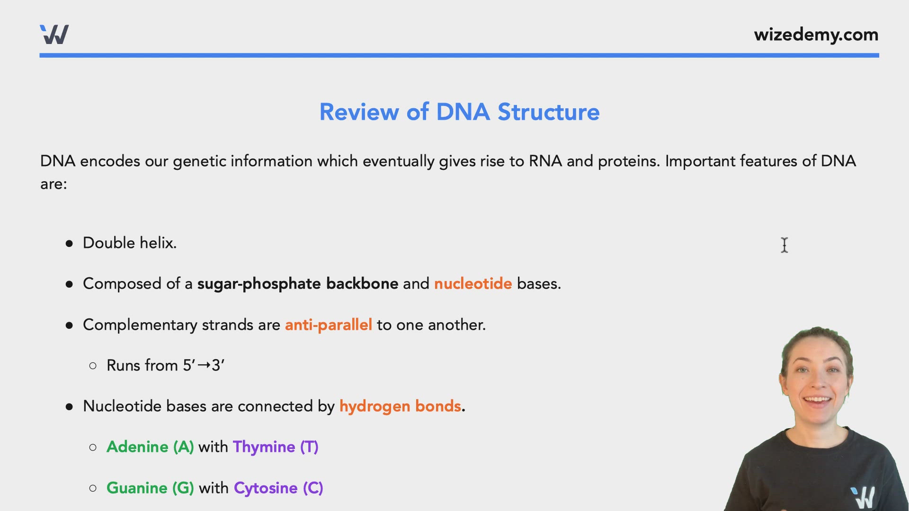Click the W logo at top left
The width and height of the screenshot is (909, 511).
pos(54,35)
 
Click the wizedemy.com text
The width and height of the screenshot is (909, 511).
pos(816,35)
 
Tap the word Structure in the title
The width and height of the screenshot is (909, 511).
pos(548,112)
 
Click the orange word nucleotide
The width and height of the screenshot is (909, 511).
pos(472,283)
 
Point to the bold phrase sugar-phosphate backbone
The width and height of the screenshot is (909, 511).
pos(297,283)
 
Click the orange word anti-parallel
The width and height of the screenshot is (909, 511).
pos(328,325)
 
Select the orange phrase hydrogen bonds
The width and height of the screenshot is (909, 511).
pos(400,406)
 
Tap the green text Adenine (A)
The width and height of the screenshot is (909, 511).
pos(150,447)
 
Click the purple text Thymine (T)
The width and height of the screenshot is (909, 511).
pos(275,447)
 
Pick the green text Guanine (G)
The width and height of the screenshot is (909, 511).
pos(150,488)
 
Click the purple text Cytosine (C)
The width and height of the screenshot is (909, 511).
pos(278,488)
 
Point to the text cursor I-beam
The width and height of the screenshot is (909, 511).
pos(784,245)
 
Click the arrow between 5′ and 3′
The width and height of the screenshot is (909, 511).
pos(204,365)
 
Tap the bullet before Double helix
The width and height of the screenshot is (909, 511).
pos(70,243)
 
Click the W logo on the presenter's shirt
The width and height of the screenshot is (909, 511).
pos(863,497)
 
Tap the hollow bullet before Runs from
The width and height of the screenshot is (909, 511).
pos(93,365)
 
